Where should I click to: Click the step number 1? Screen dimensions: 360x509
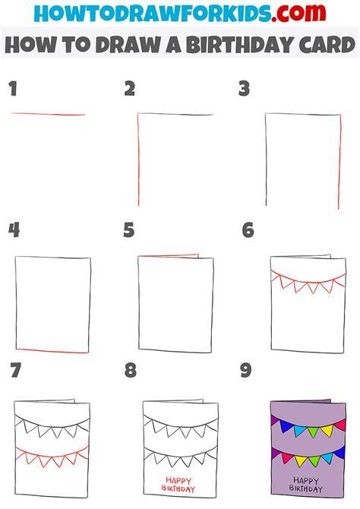[13, 89]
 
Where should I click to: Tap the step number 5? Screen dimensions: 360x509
[129, 230]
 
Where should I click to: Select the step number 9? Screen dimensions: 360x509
[246, 371]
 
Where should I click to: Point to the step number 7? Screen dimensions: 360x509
[16, 371]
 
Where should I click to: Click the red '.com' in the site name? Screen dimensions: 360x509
[298, 13]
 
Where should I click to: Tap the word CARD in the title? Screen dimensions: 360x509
[327, 45]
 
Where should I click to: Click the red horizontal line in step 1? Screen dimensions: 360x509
[48, 114]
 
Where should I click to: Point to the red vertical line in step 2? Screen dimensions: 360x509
[138, 160]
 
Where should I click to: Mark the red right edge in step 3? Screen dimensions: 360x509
[339, 162]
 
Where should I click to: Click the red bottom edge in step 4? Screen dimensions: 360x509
[52, 350]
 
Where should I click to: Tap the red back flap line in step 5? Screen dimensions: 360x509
[168, 256]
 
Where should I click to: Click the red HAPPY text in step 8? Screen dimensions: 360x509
[178, 480]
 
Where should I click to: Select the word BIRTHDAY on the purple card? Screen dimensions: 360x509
[305, 488]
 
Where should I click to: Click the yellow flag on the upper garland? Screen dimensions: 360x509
[327, 430]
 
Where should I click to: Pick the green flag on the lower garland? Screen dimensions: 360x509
[314, 460]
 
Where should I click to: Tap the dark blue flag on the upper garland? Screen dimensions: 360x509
[285, 426]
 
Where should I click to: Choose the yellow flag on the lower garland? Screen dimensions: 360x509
[300, 461]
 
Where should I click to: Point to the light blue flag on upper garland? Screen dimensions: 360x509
[300, 431]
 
